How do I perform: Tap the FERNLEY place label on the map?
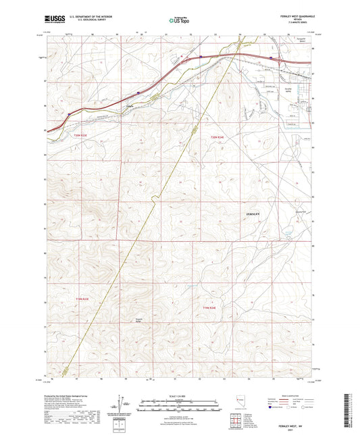coord(250,213)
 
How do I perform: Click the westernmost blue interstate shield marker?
coord(69,113)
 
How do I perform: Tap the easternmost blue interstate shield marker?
coord(272,57)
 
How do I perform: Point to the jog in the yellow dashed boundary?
coord(154,197)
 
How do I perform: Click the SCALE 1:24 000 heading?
coord(165,396)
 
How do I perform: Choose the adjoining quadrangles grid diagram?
coord(235,421)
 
